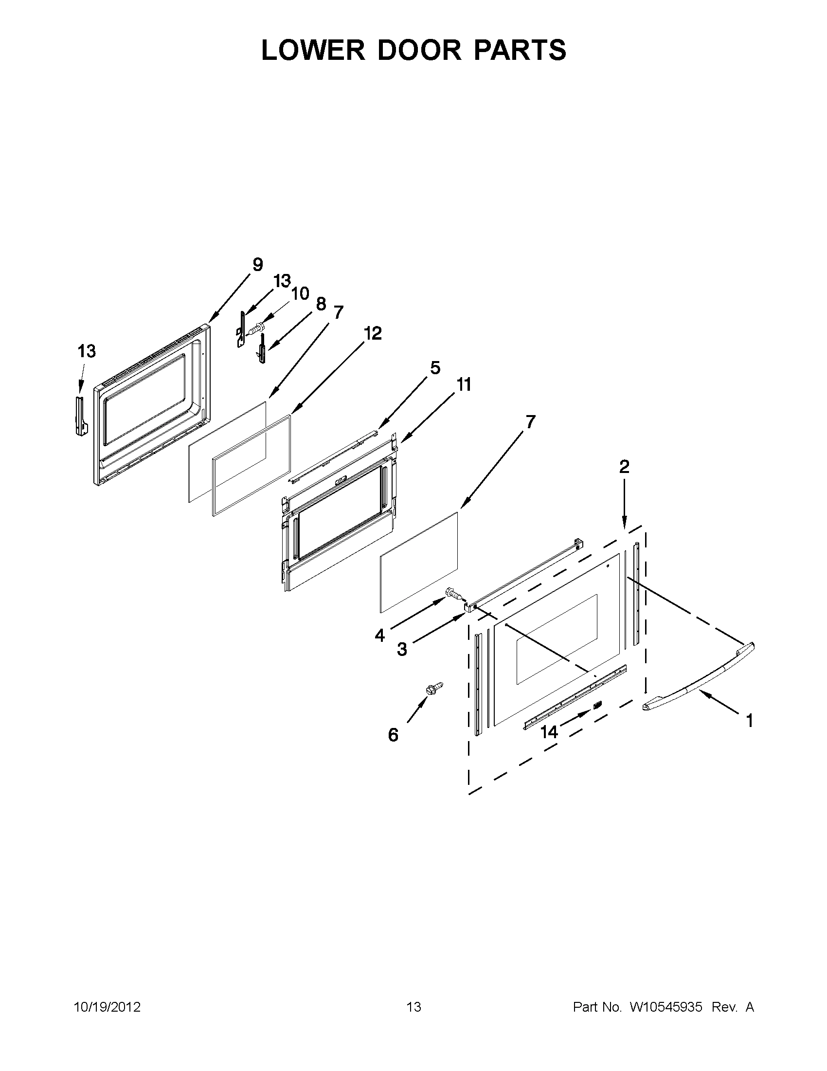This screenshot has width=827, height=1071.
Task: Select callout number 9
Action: [x=257, y=265]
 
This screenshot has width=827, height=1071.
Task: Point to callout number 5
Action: [x=435, y=368]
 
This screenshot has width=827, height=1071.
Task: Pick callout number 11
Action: [x=464, y=385]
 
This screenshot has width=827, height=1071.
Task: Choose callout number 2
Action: [x=624, y=466]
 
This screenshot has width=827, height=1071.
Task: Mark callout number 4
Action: [x=380, y=635]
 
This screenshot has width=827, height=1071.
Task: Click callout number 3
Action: [x=402, y=649]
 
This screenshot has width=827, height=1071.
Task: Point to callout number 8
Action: [x=321, y=304]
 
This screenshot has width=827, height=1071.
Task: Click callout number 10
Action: [x=300, y=293]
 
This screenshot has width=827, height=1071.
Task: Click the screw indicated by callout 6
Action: [x=434, y=688]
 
